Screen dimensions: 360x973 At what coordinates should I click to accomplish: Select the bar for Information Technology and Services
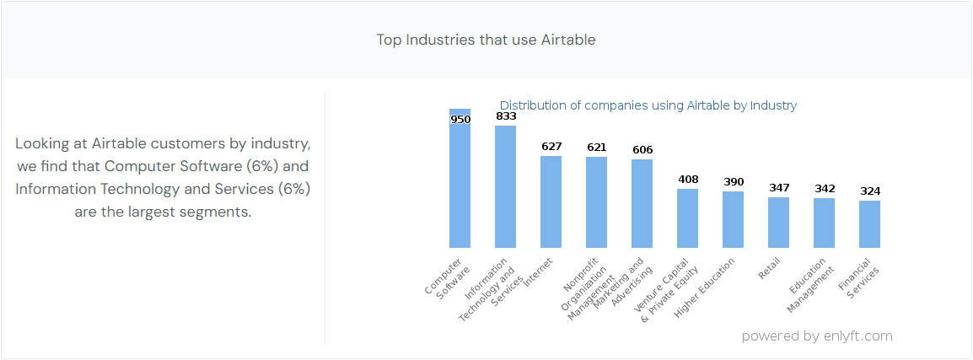pos(505,187)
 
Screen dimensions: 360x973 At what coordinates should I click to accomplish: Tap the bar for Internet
pos(551,202)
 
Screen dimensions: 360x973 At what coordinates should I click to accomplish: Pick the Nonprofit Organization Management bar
pos(596,202)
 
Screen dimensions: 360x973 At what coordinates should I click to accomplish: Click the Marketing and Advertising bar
pos(642,204)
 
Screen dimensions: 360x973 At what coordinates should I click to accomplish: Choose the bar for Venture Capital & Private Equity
pos(687,218)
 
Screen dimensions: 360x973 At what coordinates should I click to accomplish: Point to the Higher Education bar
pos(733,220)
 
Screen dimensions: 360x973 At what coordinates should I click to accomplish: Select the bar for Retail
pos(778,223)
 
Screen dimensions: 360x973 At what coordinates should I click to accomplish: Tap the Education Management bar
pos(824,223)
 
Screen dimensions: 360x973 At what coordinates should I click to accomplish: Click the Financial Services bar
pos(869,224)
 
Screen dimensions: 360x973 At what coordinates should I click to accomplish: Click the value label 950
pos(460,120)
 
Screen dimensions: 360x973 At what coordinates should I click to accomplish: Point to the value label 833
pos(506,116)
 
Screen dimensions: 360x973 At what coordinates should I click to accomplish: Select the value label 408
pos(688,180)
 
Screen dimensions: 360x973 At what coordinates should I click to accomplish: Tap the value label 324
pos(870,191)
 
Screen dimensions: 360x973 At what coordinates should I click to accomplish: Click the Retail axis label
pos(769,268)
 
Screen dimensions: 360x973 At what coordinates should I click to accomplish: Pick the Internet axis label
pos(538,273)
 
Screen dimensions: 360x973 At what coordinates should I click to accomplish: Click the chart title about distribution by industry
pos(648,105)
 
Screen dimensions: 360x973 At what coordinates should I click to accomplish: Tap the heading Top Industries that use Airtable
pos(486,40)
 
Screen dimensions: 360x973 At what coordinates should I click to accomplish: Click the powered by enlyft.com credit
pos(816,336)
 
